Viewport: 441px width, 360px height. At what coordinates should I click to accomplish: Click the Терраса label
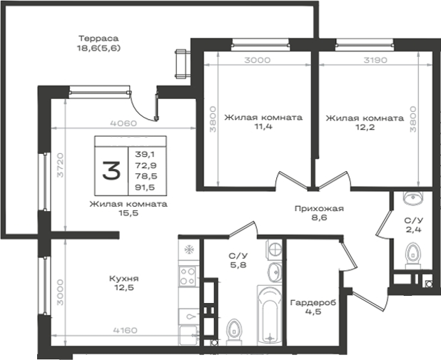[x=98, y=38]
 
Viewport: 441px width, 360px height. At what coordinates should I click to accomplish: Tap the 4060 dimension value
[x=123, y=123]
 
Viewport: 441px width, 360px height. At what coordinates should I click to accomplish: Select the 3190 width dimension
[x=375, y=60]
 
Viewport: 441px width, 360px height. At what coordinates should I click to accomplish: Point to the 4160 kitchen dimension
[x=125, y=330]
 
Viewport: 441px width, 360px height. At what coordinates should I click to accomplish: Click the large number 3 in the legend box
[x=111, y=170]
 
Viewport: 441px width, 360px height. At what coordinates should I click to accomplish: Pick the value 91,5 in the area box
[x=145, y=187]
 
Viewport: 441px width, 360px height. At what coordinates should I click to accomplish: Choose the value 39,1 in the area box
[x=145, y=154]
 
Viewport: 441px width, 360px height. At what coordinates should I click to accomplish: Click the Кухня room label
[x=123, y=279]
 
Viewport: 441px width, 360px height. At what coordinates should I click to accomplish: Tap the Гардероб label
[x=313, y=303]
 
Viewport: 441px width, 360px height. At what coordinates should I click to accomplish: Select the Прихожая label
[x=319, y=209]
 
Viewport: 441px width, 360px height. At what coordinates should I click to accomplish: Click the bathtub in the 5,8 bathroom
[x=270, y=315]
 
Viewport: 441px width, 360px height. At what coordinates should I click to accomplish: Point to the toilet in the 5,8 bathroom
[x=234, y=332]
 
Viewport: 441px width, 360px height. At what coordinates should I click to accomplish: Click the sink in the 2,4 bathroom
[x=413, y=197]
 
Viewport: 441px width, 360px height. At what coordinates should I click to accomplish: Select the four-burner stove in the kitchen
[x=188, y=277]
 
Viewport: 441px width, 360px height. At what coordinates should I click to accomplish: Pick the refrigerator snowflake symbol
[x=188, y=250]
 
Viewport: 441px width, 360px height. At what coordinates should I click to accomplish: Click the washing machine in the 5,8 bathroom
[x=274, y=248]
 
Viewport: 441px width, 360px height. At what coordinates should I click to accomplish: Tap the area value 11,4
[x=263, y=126]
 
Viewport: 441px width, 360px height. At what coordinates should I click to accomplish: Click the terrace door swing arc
[x=141, y=109]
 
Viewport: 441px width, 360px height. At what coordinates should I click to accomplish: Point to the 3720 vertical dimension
[x=61, y=165]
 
